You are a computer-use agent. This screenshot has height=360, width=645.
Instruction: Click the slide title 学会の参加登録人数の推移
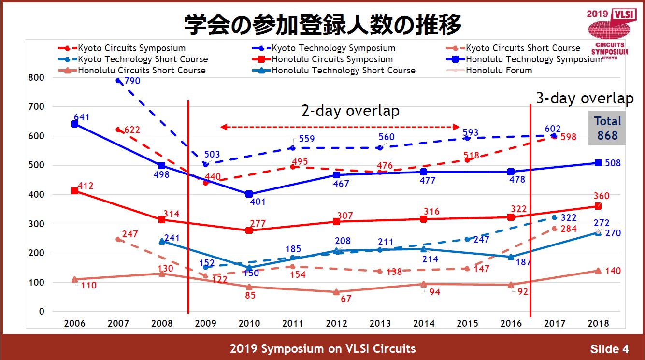point(322,25)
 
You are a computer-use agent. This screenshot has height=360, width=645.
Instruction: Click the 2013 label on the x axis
point(380,324)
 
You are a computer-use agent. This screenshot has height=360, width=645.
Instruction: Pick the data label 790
point(132,81)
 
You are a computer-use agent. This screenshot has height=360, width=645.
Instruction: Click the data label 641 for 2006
point(82,117)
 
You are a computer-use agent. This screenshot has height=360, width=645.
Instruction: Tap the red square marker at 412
point(74,191)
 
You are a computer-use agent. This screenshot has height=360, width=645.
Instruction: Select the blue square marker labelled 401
point(249,194)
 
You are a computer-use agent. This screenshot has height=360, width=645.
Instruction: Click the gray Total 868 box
point(607,128)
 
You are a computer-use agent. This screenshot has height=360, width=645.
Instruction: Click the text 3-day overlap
point(585,99)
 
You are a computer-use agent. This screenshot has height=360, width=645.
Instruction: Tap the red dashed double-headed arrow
point(340,127)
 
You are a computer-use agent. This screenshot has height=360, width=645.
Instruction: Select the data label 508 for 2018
point(613,163)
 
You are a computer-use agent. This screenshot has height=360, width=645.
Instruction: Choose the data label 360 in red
point(602,196)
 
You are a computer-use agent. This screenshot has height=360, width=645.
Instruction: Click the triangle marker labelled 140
point(598,271)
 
